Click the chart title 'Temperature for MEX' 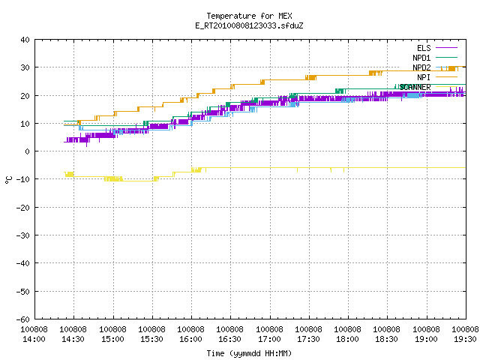coord(249,16)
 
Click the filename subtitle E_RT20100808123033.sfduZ coord(249,25)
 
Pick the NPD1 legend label coord(421,58)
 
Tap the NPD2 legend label coord(421,67)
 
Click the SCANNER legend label coord(415,87)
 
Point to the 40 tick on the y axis coord(25,40)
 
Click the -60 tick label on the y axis coord(23,319)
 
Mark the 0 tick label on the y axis coord(28,151)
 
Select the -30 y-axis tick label coord(23,235)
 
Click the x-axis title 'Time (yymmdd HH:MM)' coord(249,353)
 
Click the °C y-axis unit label coord(9,180)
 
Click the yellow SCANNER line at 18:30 coord(387,168)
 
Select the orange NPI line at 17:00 coord(270,80)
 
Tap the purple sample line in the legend coord(446,48)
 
